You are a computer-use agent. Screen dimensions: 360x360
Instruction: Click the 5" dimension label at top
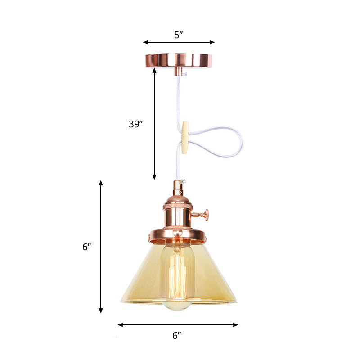click(x=179, y=35)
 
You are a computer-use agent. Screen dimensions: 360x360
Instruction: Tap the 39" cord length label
click(x=135, y=124)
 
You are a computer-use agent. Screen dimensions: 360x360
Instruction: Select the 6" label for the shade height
click(x=87, y=247)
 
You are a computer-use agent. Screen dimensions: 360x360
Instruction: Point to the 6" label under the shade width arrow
click(x=177, y=335)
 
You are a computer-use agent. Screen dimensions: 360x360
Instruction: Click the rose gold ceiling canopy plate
click(x=179, y=60)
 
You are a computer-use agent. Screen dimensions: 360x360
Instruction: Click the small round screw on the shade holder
click(x=178, y=232)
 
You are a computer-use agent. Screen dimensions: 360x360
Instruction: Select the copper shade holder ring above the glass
click(x=178, y=236)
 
